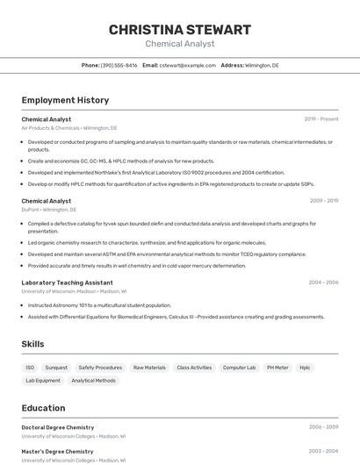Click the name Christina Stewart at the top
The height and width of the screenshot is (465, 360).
click(x=179, y=30)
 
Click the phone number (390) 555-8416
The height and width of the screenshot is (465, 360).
click(x=119, y=65)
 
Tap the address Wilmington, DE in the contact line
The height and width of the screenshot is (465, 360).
click(x=262, y=65)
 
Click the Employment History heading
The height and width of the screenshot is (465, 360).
click(x=65, y=100)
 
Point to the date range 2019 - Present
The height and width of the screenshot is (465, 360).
click(x=320, y=118)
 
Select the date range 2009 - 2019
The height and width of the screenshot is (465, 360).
click(x=323, y=201)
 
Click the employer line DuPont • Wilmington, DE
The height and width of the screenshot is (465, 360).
click(x=48, y=211)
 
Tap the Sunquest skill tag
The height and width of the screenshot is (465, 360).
click(x=56, y=368)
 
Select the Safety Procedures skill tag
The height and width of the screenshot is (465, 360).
click(x=100, y=368)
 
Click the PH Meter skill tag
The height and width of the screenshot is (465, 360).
click(x=277, y=368)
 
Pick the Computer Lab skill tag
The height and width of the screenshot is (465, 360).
click(x=239, y=368)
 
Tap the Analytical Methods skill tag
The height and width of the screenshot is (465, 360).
click(x=93, y=381)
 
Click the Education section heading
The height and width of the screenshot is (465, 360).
click(x=43, y=408)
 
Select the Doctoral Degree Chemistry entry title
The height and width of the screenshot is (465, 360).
click(x=57, y=427)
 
